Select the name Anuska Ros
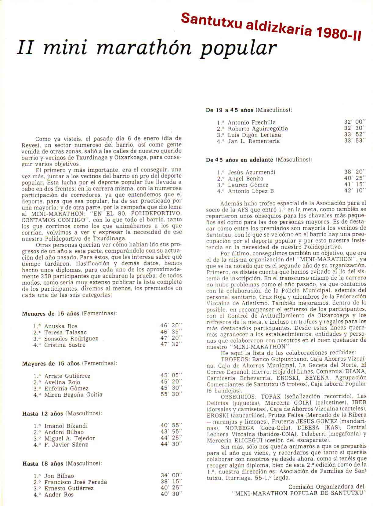point(61,326)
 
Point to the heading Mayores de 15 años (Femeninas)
point(70,363)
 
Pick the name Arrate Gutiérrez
point(67,376)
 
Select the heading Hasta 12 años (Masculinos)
point(62,413)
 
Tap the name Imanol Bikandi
point(66,426)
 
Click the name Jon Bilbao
point(59,476)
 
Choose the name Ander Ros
point(59,495)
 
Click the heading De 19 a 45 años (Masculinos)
point(249,110)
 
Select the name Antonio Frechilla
point(252,122)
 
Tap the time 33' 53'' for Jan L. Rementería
point(355,141)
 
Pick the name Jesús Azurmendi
point(252,172)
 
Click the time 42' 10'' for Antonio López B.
point(355,191)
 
